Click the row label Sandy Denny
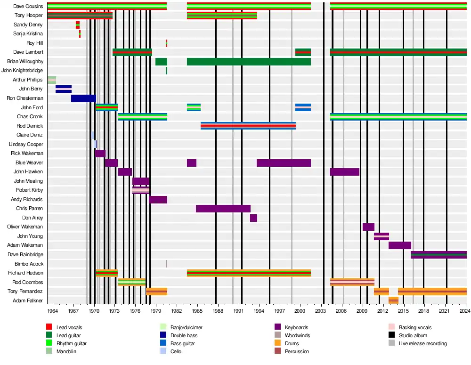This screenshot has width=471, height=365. pos(29,24)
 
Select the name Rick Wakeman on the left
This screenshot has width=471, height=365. pos(27,153)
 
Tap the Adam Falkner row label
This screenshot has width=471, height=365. pos(28,300)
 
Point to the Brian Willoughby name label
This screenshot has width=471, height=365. pos(25,61)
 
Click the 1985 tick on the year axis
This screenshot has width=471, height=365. pos(197,311)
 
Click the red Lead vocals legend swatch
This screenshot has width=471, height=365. pos(49,327)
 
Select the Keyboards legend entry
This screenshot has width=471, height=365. pos(296,327)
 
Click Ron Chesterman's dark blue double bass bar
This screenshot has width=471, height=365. pos(83,98)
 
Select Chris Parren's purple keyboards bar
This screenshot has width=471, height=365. pos(223,209)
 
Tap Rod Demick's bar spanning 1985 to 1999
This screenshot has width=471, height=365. pos(248,126)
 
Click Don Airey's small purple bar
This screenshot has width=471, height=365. pos(253,218)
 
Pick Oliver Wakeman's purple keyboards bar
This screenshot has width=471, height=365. pos(368,227)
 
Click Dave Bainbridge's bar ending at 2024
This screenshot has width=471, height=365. pos(439,255)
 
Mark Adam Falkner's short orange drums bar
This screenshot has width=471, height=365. pos(393,300)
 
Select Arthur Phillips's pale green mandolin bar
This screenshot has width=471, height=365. pos(51,80)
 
